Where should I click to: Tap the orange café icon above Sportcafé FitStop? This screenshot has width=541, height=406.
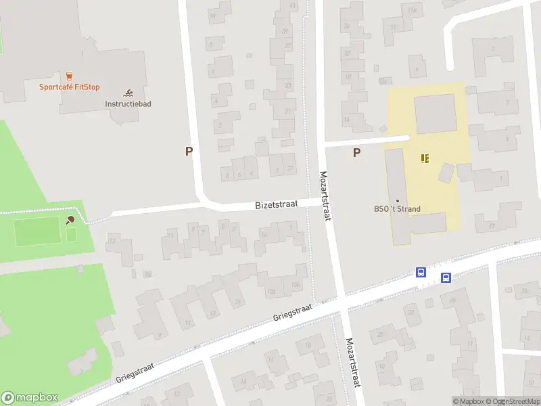click(69, 76)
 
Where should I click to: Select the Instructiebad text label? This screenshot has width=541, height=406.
click(128, 104)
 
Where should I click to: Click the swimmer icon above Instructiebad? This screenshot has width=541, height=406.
click(128, 93)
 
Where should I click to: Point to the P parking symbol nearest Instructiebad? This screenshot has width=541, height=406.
click(189, 152)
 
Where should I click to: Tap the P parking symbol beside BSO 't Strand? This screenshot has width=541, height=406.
click(356, 153)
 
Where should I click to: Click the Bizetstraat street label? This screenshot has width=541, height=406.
click(277, 204)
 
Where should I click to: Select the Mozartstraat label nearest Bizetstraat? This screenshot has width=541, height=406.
click(325, 196)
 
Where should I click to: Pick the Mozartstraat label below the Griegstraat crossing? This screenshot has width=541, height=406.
click(352, 363)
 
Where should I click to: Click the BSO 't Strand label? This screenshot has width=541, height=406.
click(398, 208)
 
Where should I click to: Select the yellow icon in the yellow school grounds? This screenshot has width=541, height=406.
click(425, 158)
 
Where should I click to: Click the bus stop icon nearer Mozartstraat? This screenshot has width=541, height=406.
click(421, 273)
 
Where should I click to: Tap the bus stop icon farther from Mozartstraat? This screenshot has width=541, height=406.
click(446, 277)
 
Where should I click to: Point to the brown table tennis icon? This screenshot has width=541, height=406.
click(70, 219)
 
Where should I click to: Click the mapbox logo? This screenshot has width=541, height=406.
click(29, 398)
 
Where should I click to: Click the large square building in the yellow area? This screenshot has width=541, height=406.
click(435, 114)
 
